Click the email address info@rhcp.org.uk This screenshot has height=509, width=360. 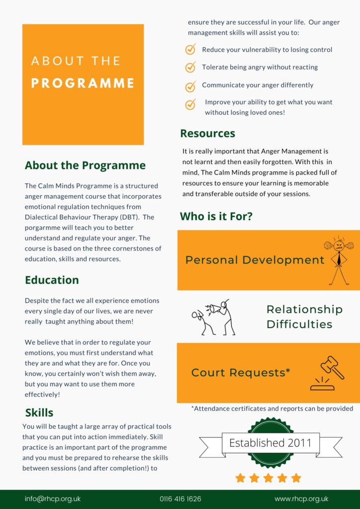[53, 499]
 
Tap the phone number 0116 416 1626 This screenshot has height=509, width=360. [180, 499]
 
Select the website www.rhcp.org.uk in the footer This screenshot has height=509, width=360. [301, 499]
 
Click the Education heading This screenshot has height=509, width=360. [52, 280]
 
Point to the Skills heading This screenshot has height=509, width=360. [39, 413]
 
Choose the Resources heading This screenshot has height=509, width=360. [207, 133]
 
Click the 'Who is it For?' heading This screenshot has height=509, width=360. [216, 216]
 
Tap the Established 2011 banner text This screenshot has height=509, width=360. [270, 442]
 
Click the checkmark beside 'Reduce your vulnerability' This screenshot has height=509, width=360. [190, 50]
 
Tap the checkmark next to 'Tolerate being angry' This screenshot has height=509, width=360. [190, 67]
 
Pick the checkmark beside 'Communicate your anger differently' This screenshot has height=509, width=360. [190, 86]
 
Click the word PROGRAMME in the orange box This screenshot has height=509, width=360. [83, 83]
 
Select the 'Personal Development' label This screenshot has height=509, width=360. [255, 260]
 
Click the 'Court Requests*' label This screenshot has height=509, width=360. [241, 372]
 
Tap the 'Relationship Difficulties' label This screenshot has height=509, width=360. [304, 317]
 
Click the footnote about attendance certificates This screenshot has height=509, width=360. [272, 409]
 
